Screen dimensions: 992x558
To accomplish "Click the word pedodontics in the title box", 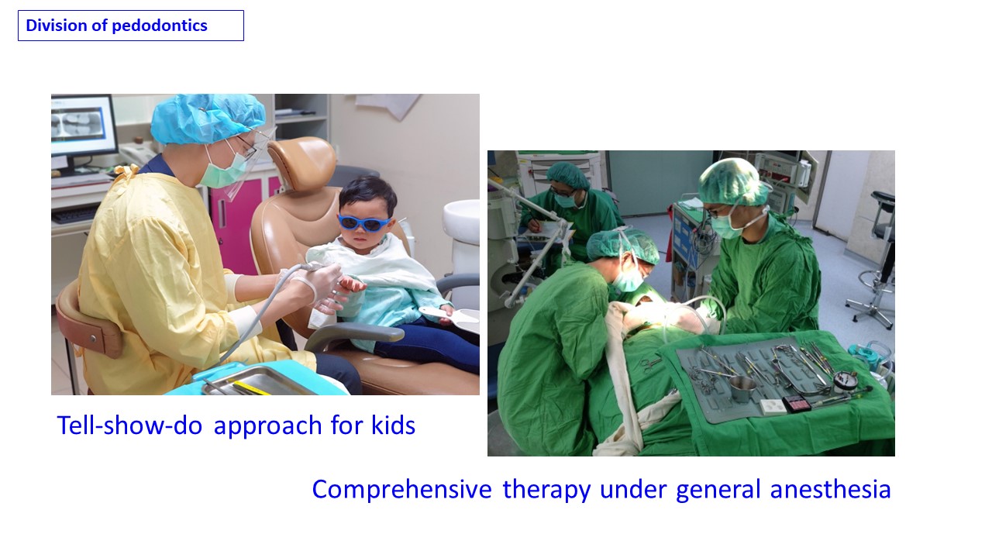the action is (160, 26).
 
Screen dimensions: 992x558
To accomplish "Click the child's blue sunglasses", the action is (364, 222).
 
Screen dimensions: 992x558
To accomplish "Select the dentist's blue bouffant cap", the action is (207, 118).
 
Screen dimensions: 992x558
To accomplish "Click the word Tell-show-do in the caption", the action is (129, 425).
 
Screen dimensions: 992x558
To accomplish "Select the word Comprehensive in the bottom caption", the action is (401, 490).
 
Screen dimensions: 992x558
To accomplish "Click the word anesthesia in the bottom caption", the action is (830, 489).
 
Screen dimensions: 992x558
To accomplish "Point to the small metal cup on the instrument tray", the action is (742, 388).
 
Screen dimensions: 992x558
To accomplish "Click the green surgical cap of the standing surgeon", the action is (733, 182).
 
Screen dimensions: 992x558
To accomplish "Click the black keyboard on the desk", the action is (74, 215).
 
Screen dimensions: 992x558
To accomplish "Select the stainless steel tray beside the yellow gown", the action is (259, 381).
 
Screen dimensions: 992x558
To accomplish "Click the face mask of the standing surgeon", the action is (725, 227).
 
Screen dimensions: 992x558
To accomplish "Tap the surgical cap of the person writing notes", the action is (568, 174).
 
